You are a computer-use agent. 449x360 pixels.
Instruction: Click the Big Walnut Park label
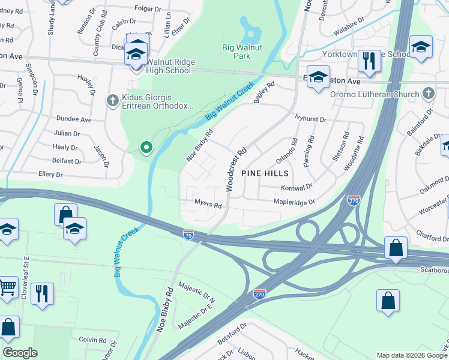pos(244,51)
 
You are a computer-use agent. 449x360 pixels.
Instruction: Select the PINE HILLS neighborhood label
pos(265,173)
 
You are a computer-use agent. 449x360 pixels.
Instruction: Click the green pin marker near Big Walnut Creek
pos(145,147)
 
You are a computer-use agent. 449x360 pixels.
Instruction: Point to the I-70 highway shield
pos(188,233)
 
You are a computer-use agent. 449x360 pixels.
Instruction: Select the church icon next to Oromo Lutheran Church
pos(428,93)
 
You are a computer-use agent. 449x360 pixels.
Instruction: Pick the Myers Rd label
pos(208,204)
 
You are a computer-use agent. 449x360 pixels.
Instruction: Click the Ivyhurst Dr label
pos(310,119)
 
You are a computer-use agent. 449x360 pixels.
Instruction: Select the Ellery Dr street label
pos(50,175)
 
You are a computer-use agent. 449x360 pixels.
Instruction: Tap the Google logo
pos(20,353)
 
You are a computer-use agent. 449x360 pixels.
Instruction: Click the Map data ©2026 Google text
pos(411,355)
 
